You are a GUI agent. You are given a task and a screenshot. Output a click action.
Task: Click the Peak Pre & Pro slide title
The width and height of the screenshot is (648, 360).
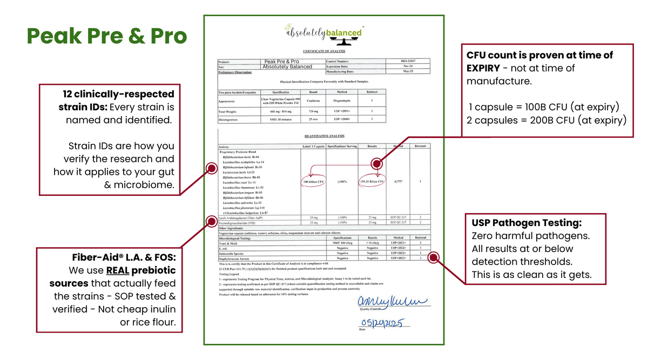[107, 36]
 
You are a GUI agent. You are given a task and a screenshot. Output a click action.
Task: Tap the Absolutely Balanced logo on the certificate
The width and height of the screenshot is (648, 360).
[324, 33]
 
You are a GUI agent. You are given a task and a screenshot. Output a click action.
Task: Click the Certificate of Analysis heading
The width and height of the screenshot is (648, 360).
[324, 51]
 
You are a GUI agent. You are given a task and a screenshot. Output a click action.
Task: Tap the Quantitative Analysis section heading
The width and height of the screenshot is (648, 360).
[324, 136]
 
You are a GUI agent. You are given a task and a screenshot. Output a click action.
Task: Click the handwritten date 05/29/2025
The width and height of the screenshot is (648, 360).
[384, 323]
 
